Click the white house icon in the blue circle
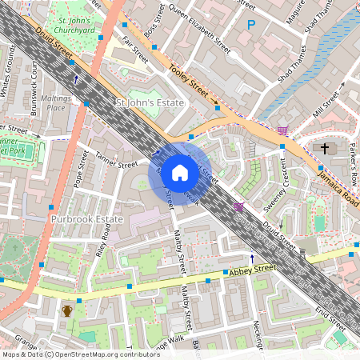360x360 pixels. (180, 172)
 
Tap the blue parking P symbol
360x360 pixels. (251, 26)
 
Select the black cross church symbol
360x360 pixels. (325, 148)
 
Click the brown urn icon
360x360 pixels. (68, 310)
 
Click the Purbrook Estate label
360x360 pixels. (86, 218)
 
